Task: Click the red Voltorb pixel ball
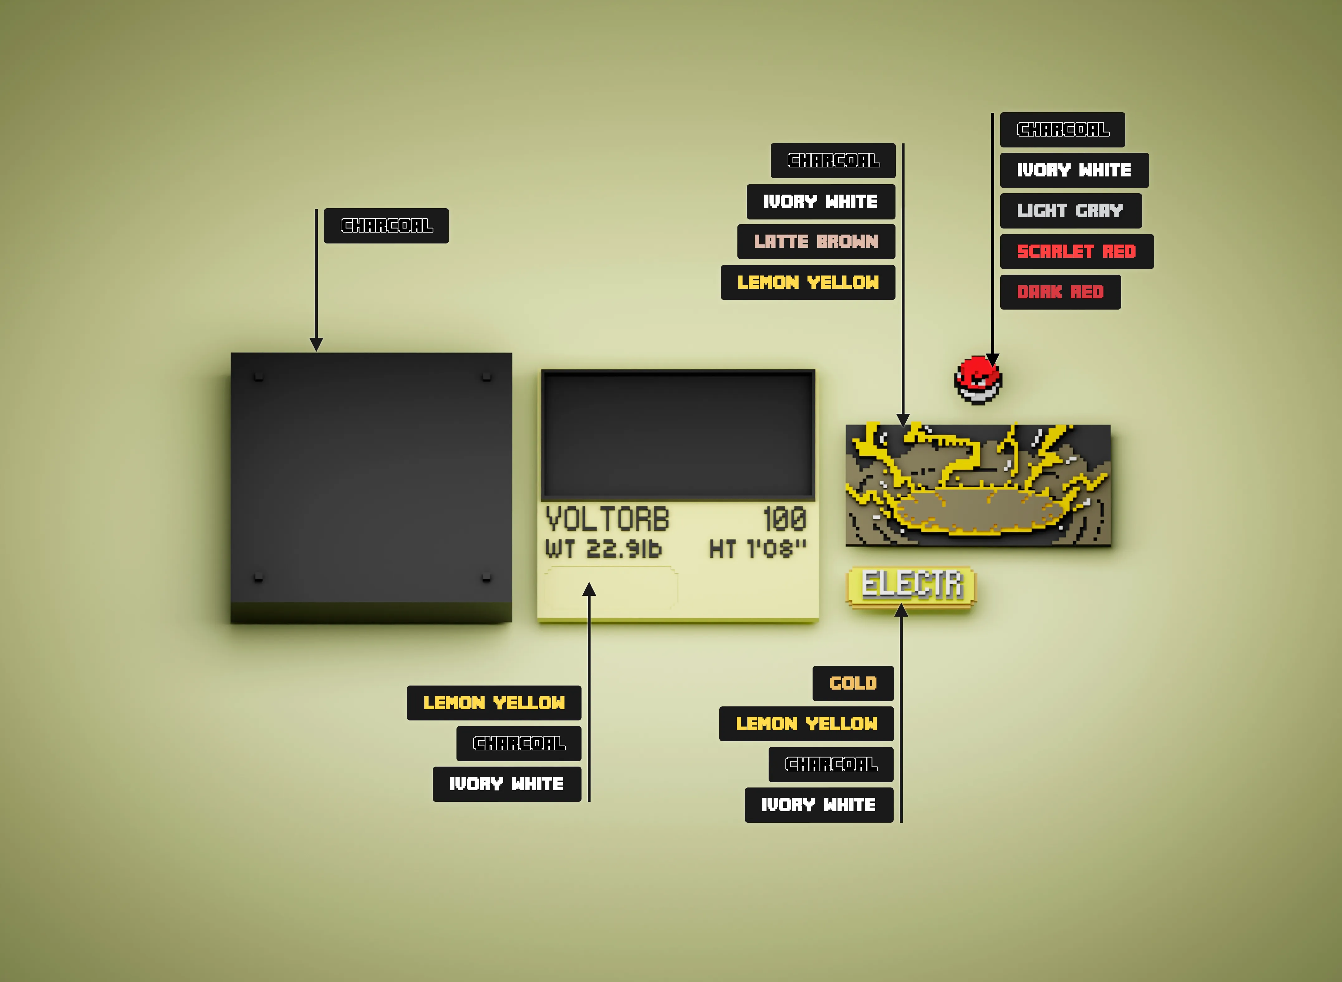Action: (x=978, y=380)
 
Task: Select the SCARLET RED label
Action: (x=1076, y=252)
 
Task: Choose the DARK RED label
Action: (x=1060, y=292)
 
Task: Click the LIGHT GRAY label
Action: (x=1070, y=210)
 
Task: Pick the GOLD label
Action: (x=853, y=683)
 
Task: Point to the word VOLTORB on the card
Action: (x=607, y=519)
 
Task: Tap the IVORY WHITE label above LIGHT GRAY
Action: (x=1074, y=170)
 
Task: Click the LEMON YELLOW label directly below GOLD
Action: (x=806, y=724)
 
